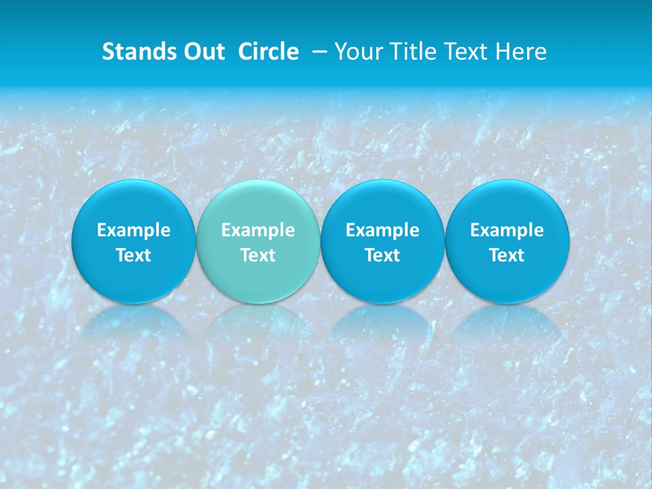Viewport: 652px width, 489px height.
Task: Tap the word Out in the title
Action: point(203,52)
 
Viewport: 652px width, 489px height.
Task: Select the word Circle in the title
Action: point(268,52)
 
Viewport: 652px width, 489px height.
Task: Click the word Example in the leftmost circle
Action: point(134,230)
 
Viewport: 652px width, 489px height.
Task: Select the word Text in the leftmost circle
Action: point(134,255)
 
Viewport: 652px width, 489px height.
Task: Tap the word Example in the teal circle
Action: point(258,230)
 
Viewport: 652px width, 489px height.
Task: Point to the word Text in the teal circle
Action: point(258,255)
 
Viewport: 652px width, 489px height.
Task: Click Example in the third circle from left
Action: point(382,230)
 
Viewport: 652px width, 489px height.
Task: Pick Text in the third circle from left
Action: point(382,255)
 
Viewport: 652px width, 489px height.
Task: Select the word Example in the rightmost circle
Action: point(507,230)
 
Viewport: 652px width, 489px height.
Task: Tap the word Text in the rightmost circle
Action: point(507,255)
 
